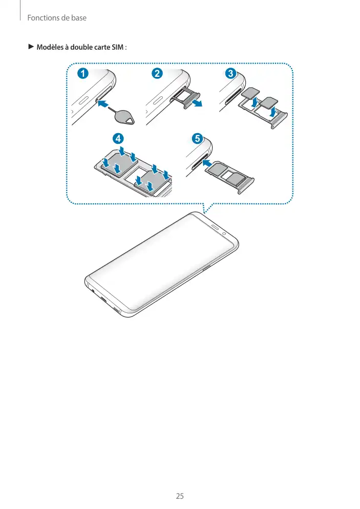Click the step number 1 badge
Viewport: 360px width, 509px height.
point(83,73)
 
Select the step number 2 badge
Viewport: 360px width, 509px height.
point(157,73)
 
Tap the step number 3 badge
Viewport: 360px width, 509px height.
point(231,73)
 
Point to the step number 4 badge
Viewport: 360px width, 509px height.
point(118,139)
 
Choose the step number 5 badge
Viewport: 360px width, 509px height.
point(197,139)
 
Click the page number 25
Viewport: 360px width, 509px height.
point(180,496)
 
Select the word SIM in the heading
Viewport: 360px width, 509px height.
point(117,48)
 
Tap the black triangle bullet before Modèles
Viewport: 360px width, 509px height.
point(31,47)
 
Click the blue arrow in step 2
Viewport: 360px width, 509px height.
point(197,102)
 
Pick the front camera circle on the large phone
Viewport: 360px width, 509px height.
point(224,234)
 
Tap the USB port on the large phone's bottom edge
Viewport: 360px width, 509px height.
point(104,300)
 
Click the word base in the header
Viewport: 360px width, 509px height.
point(79,18)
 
